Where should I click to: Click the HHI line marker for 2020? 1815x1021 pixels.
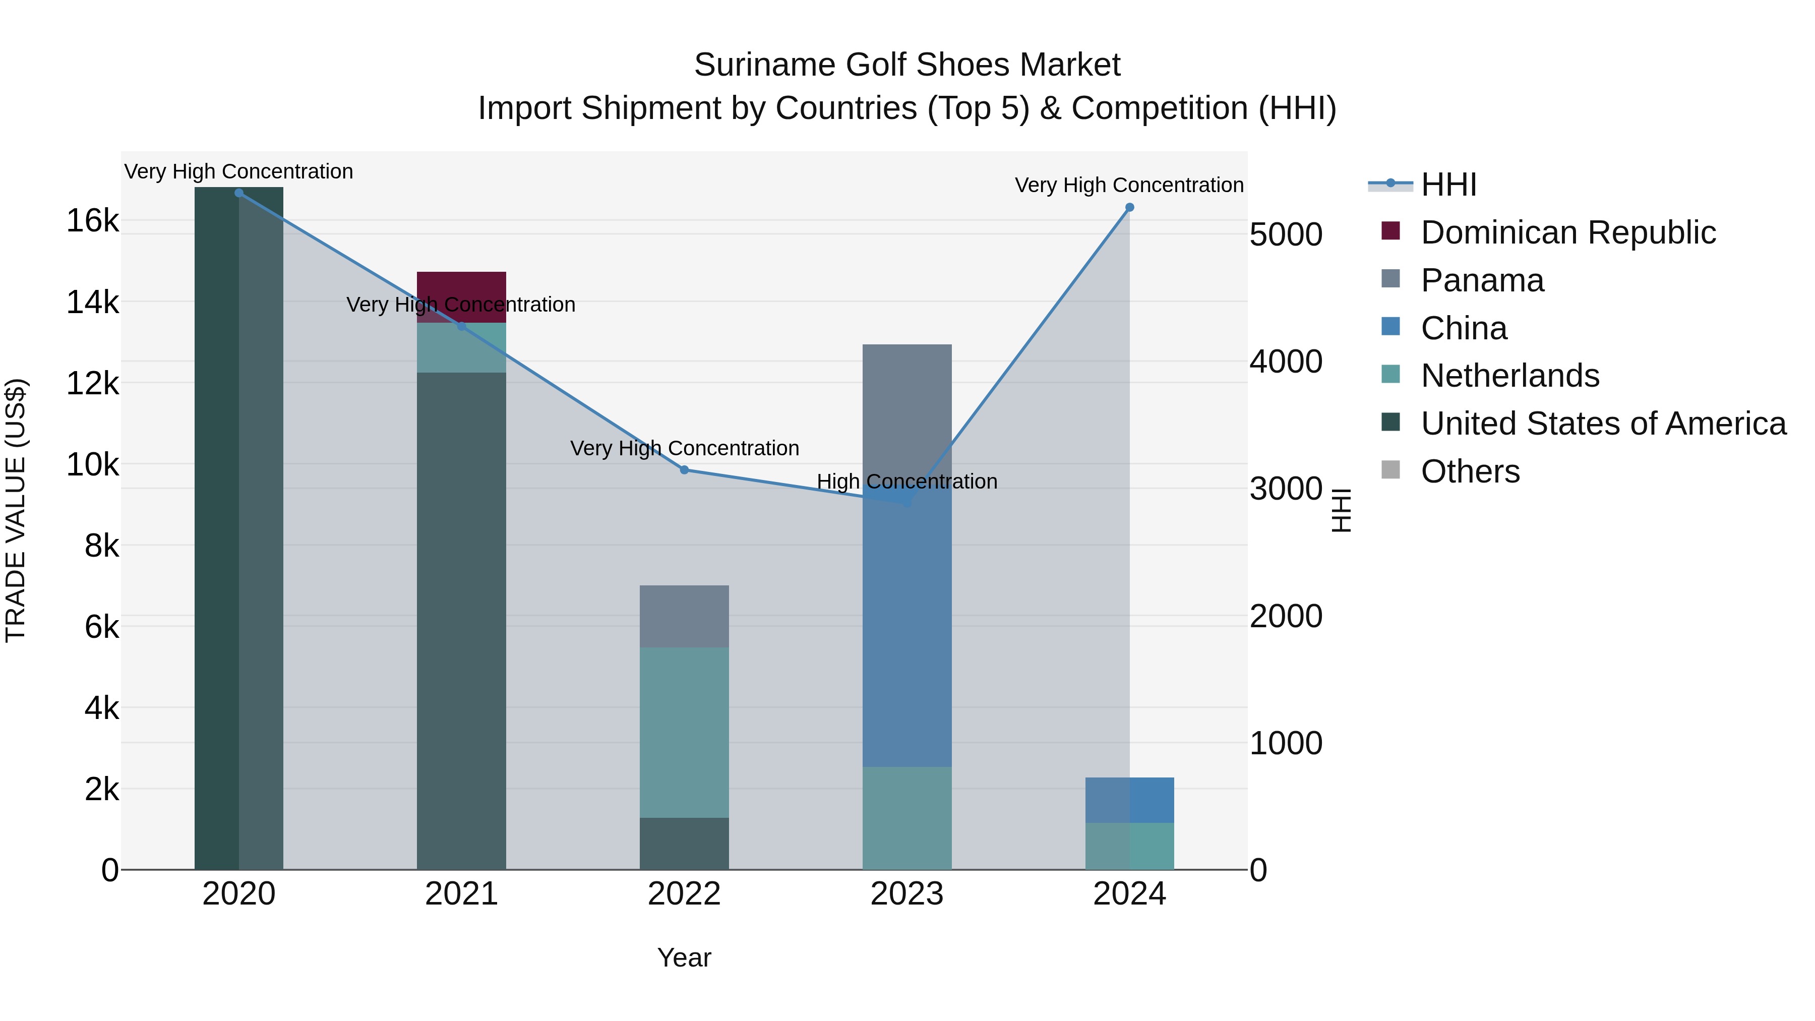(x=239, y=193)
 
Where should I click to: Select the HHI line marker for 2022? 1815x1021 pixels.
(x=684, y=470)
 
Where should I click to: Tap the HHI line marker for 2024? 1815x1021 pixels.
(x=1129, y=208)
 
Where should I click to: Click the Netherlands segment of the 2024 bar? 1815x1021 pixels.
(x=1129, y=846)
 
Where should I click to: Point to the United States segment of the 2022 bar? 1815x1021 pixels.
(x=684, y=844)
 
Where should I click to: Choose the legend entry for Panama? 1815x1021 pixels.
(x=1482, y=280)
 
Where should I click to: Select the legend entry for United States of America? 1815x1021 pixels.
(x=1603, y=424)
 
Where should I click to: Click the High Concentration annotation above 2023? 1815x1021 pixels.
(x=907, y=482)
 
